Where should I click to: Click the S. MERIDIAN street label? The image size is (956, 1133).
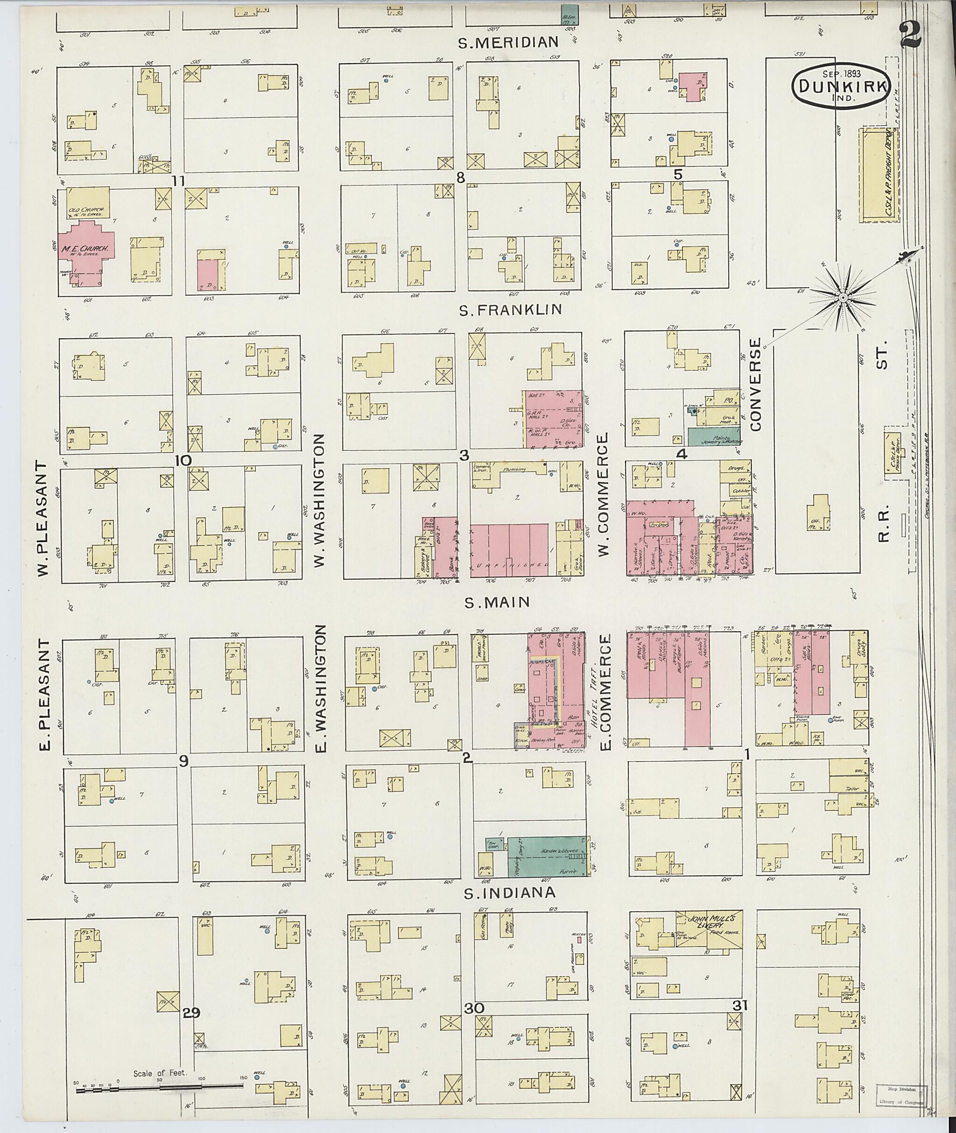(508, 42)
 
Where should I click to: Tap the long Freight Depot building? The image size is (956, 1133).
(879, 175)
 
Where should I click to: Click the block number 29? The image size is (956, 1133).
(191, 1012)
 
